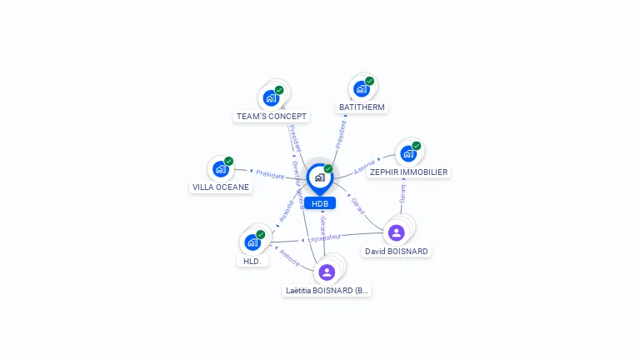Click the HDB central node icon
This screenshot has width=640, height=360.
pyautogui.click(x=319, y=177)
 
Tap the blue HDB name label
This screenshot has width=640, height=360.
pyautogui.click(x=320, y=203)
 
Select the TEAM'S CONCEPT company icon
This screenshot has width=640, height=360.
pyautogui.click(x=271, y=98)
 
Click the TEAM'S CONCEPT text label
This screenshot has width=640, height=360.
pyautogui.click(x=272, y=117)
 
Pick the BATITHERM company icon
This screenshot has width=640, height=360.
pyautogui.click(x=361, y=89)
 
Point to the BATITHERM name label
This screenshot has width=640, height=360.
pyautogui.click(x=362, y=107)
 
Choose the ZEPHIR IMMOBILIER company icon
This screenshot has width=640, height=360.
pyautogui.click(x=407, y=153)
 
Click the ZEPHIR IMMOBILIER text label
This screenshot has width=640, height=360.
pyautogui.click(x=408, y=172)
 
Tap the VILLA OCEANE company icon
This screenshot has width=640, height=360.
pyautogui.click(x=220, y=169)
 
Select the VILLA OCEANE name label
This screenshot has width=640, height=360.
pyautogui.click(x=221, y=187)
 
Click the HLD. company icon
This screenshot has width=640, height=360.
pyautogui.click(x=252, y=242)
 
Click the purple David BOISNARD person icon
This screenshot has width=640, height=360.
pyautogui.click(x=397, y=232)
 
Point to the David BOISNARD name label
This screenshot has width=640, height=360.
pyautogui.click(x=397, y=251)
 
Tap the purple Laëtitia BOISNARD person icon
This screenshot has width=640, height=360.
pyautogui.click(x=327, y=272)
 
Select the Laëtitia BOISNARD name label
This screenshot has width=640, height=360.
pyautogui.click(x=327, y=291)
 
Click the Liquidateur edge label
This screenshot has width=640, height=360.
pyautogui.click(x=326, y=238)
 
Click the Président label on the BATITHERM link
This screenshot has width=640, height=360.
pyautogui.click(x=340, y=132)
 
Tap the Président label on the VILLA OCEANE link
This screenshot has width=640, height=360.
pyautogui.click(x=270, y=175)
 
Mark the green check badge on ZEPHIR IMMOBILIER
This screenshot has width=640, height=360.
pyautogui.click(x=417, y=146)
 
